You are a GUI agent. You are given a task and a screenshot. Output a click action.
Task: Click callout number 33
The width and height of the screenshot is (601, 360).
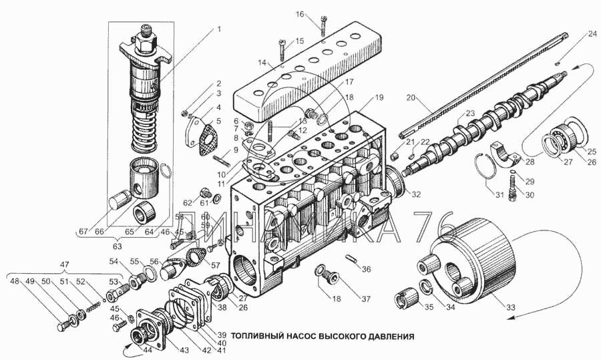(x=510, y=308)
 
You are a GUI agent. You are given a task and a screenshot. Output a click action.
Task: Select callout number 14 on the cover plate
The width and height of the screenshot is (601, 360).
(x=262, y=64)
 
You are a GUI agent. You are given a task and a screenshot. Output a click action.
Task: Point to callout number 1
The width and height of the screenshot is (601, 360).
(x=218, y=29)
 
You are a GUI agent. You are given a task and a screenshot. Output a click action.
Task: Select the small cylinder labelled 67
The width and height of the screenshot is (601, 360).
(x=119, y=200)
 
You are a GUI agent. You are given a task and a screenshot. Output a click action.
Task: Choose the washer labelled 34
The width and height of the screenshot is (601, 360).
(x=425, y=289)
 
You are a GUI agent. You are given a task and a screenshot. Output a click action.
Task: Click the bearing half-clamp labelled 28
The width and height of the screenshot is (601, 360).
(x=507, y=155)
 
